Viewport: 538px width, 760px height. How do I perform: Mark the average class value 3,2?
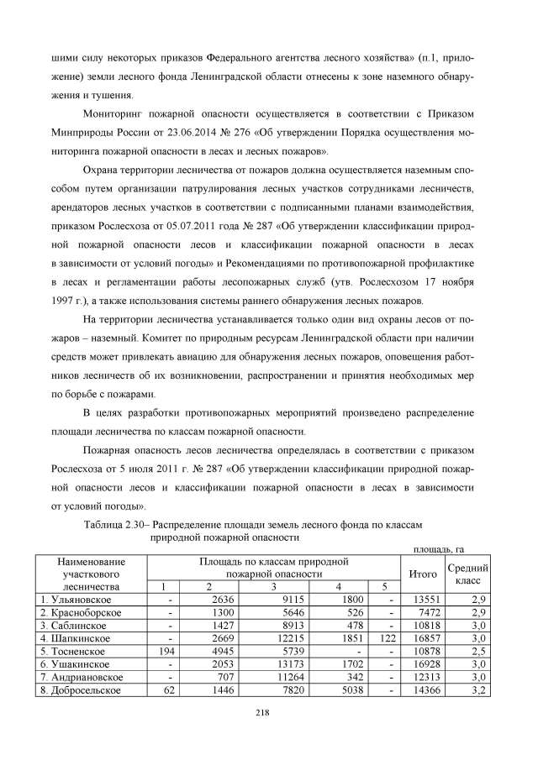tap(477, 690)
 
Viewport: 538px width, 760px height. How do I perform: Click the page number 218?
tap(261, 713)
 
